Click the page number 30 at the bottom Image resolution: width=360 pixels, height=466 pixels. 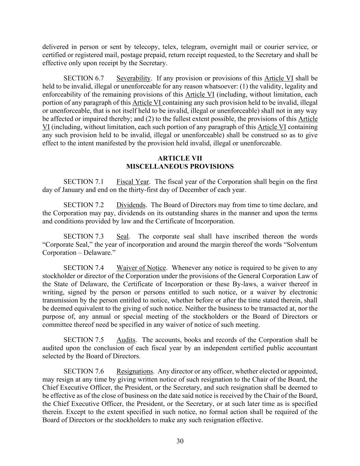(180, 441)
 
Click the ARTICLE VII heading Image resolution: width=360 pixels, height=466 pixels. (180, 158)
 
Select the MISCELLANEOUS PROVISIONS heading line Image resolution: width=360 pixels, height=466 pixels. (180, 167)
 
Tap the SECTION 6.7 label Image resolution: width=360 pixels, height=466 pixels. (84, 78)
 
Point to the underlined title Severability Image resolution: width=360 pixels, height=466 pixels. (133, 78)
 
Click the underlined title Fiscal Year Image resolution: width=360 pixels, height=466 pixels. (132, 182)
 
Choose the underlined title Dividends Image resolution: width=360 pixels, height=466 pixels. (131, 205)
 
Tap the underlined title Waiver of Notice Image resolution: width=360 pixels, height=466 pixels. (141, 268)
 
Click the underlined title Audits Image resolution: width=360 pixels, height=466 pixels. (126, 340)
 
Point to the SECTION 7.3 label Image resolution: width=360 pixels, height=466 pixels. (84, 236)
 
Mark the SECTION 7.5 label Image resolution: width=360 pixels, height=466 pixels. (84, 340)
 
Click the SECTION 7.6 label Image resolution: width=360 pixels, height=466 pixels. (84, 371)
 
